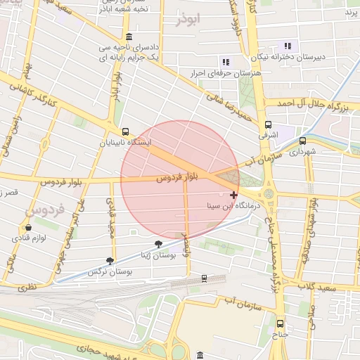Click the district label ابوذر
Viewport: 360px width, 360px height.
[x=189, y=20]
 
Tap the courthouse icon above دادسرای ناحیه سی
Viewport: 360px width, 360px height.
[x=128, y=37]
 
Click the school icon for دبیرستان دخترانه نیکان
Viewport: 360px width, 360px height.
[x=288, y=46]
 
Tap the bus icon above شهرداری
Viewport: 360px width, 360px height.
[x=303, y=140]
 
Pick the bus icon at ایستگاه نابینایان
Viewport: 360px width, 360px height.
[x=125, y=131]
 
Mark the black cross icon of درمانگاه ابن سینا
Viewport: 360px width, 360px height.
[x=233, y=195]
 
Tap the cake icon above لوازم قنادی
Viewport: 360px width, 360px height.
[x=28, y=228]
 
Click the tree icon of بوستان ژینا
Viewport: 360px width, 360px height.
[x=157, y=243]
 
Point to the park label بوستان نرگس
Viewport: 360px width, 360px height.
[x=111, y=271]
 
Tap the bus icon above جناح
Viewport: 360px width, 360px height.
[x=281, y=323]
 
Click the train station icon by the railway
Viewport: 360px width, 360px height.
[x=204, y=278]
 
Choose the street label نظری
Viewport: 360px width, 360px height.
[x=26, y=287]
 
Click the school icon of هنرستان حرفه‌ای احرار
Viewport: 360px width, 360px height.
[x=226, y=62]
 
